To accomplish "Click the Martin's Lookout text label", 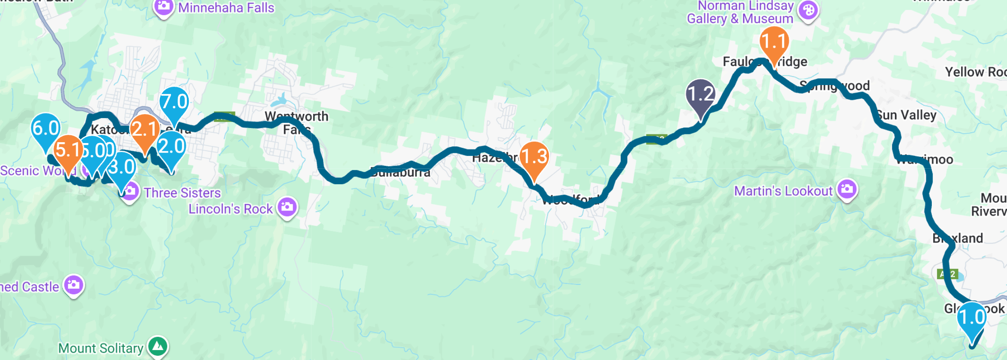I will [783, 191].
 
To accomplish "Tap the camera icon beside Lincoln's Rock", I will [287, 207].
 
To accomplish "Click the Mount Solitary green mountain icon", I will [158, 346].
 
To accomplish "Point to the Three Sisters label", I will [182, 193].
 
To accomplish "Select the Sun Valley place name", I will [906, 115].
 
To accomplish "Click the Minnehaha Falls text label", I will [226, 8].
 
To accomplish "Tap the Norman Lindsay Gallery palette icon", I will [808, 11].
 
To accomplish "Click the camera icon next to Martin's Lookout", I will [847, 189].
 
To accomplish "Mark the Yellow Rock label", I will [975, 72].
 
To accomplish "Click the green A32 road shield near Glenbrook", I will [947, 274].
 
